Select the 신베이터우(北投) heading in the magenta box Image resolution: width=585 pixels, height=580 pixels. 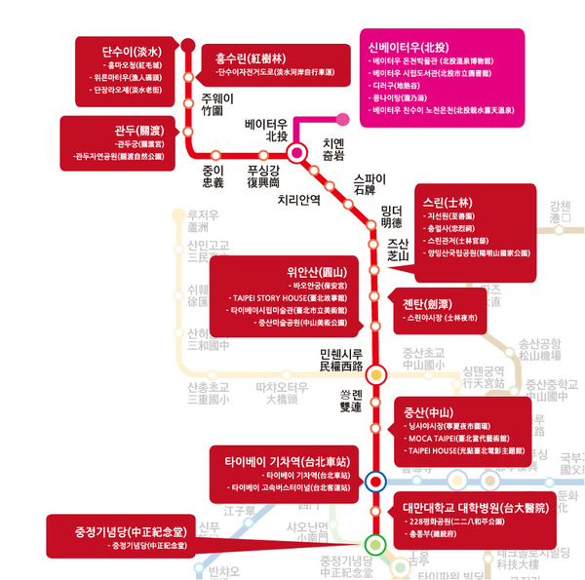[x=408, y=47]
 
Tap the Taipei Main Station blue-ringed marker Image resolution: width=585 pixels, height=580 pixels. [x=375, y=481]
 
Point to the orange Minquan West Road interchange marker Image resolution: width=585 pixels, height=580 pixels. [x=375, y=370]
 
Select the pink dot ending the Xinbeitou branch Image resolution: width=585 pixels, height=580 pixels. [x=343, y=121]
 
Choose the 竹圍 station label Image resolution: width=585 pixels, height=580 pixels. [x=213, y=111]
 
